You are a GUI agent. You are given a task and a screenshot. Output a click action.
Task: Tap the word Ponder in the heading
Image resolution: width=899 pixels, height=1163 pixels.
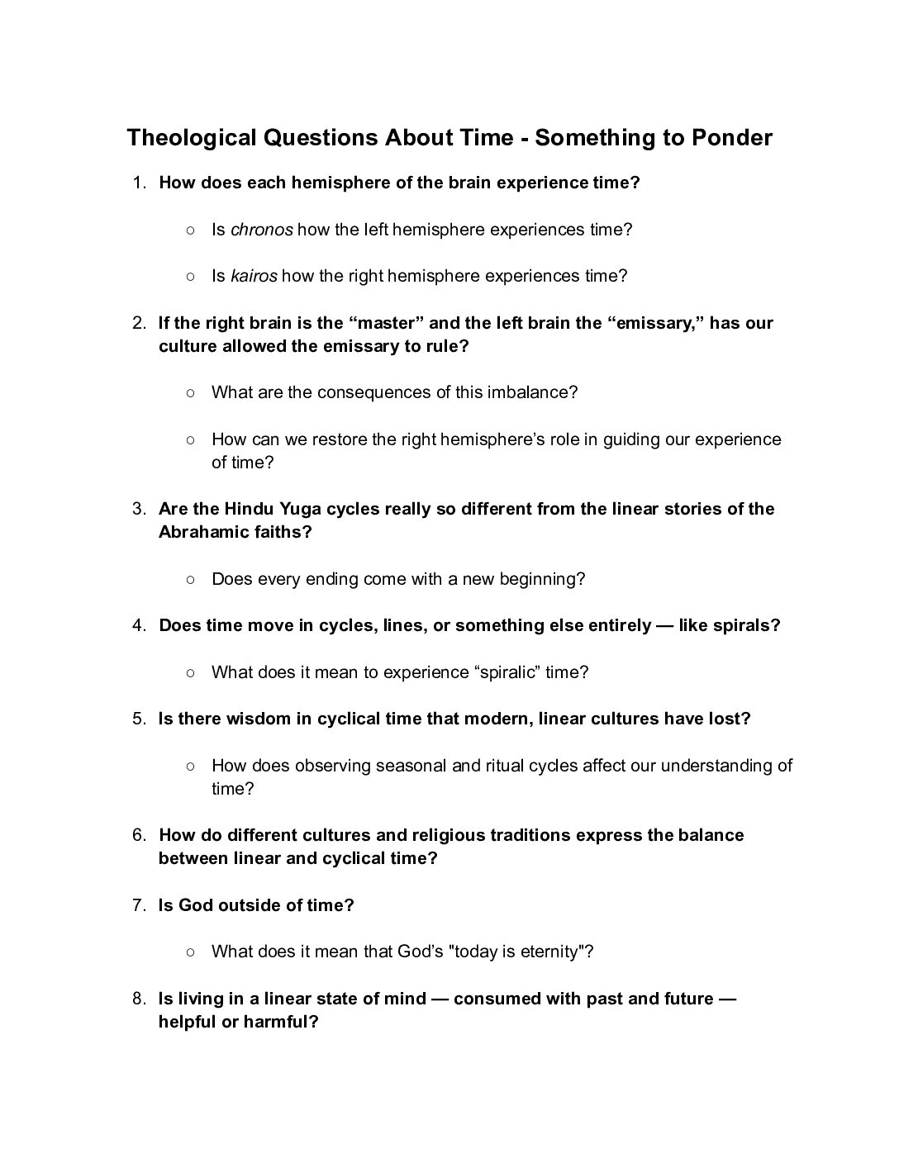(731, 137)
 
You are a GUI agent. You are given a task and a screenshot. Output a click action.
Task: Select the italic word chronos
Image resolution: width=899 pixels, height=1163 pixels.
(261, 230)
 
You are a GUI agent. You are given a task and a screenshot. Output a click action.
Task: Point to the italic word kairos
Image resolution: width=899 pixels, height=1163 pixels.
(254, 276)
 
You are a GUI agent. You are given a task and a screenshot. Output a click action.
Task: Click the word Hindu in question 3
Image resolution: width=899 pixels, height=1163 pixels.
(250, 509)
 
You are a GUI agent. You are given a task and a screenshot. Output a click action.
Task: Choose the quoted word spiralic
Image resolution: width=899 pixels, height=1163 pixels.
(508, 672)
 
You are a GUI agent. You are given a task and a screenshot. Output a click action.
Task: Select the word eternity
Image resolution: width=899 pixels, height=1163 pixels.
(551, 952)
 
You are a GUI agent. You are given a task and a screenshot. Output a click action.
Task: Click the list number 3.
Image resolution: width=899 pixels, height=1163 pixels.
(138, 509)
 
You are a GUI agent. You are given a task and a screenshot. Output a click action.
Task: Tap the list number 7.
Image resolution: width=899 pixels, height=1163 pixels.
(138, 905)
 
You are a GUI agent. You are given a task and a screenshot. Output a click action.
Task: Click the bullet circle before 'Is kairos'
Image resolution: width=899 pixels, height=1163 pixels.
(190, 276)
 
